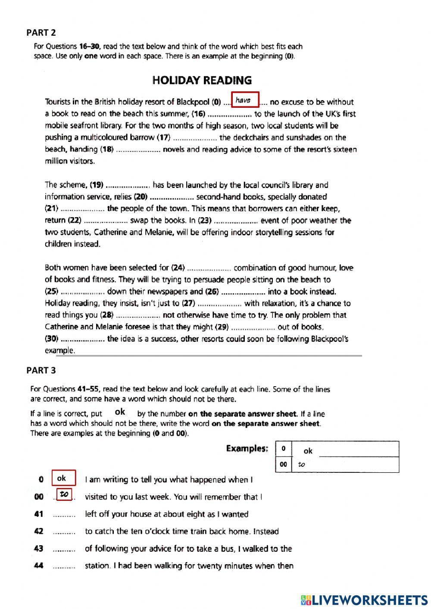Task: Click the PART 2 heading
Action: point(41,32)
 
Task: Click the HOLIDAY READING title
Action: point(202,80)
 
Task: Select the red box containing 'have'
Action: point(245,100)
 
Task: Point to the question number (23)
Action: point(205,220)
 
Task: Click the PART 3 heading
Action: point(41,370)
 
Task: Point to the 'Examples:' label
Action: point(247,449)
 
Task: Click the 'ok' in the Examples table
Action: point(308,451)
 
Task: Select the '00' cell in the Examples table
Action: point(283,464)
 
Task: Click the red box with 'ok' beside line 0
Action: point(64,478)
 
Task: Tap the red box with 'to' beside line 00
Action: point(65,494)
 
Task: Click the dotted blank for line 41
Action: point(64,515)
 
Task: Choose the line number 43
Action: point(39,549)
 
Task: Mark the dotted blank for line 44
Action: point(64,566)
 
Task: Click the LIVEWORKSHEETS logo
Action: point(364,600)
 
